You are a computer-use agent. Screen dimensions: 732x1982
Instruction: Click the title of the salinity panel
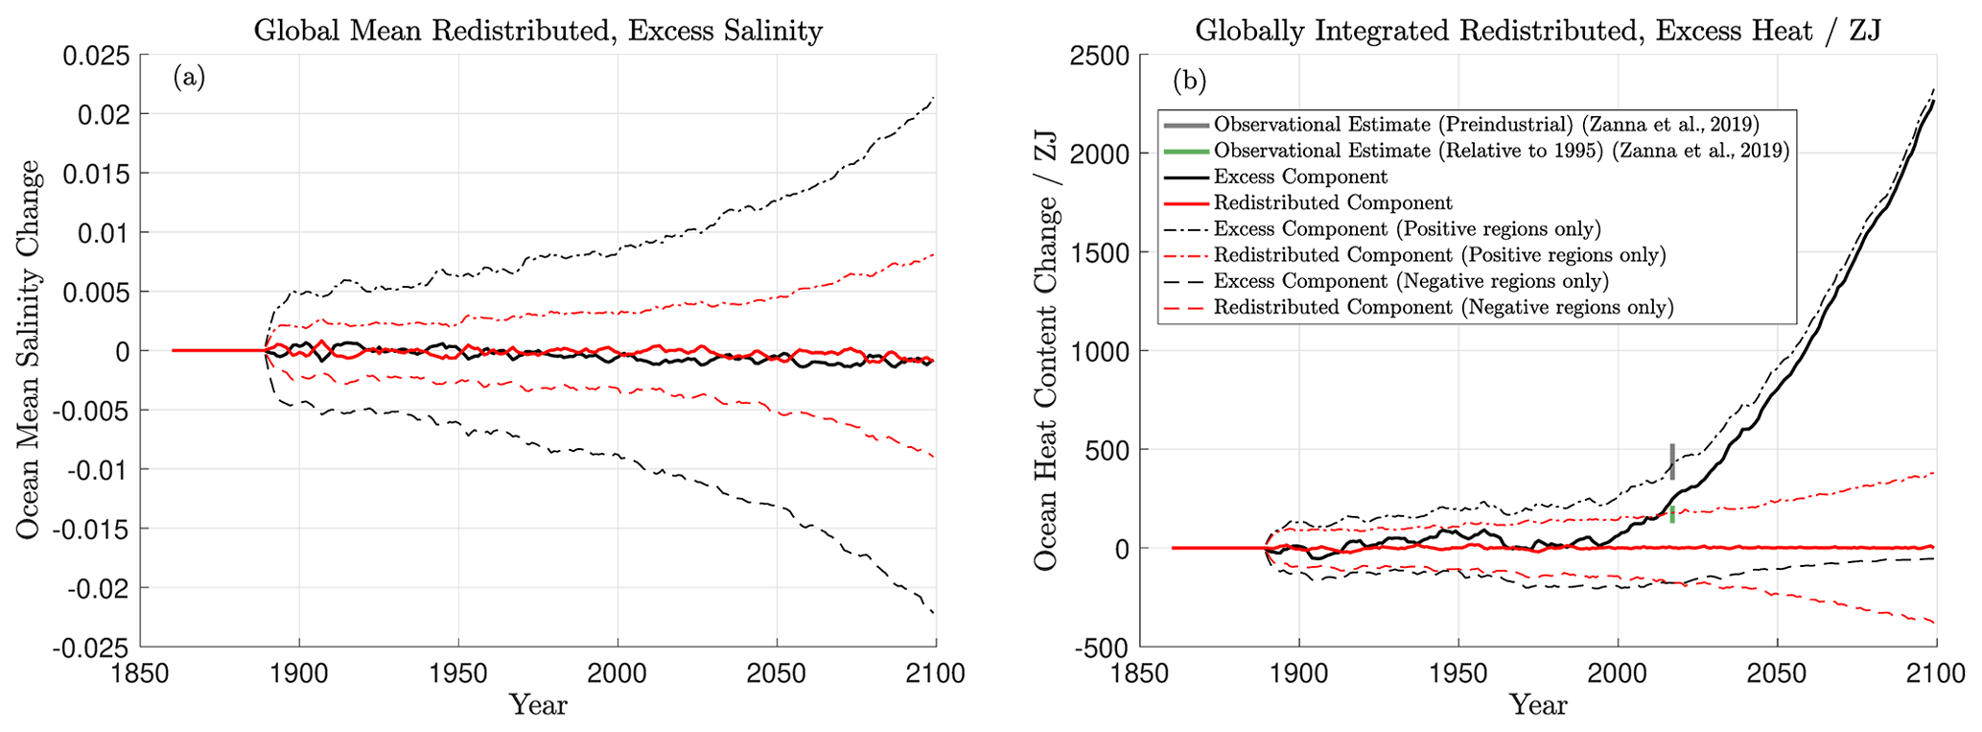(538, 31)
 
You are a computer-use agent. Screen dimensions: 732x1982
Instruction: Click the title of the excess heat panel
(1537, 31)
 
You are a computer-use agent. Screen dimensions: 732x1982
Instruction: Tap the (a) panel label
(189, 78)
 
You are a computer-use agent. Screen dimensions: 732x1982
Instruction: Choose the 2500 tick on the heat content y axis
(1100, 56)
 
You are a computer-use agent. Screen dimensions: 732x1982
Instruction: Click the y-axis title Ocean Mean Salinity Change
(29, 350)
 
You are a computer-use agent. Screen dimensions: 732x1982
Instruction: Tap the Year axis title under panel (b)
(1538, 706)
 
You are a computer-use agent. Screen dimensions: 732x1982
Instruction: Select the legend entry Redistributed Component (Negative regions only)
(1443, 308)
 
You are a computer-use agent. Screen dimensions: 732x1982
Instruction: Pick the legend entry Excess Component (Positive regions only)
(1407, 229)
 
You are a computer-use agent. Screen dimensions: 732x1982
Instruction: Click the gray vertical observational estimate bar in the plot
(1672, 461)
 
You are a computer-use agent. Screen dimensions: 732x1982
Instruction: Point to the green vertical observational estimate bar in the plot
(1672, 514)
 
